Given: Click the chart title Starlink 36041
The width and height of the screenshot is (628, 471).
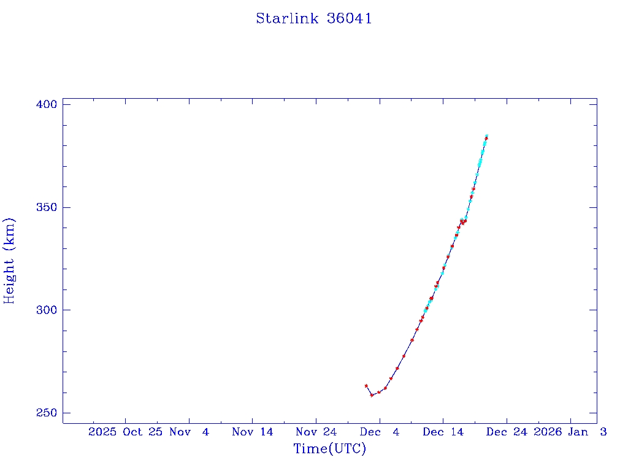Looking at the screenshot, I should pyautogui.click(x=313, y=18).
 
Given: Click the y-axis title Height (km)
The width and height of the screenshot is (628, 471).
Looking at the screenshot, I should pyautogui.click(x=9, y=261).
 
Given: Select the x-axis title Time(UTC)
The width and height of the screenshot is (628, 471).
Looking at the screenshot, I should pyautogui.click(x=329, y=449).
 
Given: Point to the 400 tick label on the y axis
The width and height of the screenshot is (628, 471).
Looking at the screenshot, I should pyautogui.click(x=46, y=104).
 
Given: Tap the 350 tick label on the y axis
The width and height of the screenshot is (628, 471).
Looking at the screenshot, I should pyautogui.click(x=46, y=207).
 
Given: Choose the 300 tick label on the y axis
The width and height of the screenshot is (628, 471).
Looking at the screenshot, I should pyautogui.click(x=46, y=310).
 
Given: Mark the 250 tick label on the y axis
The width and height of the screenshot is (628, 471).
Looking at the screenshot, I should pyautogui.click(x=46, y=413).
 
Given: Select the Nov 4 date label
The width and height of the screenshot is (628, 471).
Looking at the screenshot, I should pyautogui.click(x=190, y=432).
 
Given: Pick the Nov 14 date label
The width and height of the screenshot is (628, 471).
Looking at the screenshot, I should pyautogui.click(x=252, y=432).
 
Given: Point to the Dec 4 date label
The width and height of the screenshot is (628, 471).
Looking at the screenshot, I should pyautogui.click(x=380, y=432).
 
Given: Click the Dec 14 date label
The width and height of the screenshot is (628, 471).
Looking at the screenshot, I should pyautogui.click(x=443, y=432).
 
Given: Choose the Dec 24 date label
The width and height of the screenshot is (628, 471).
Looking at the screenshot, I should pyautogui.click(x=506, y=432).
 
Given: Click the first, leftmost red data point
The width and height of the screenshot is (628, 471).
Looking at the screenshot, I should pyautogui.click(x=366, y=386).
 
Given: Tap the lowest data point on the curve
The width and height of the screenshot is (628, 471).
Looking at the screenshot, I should pyautogui.click(x=372, y=395).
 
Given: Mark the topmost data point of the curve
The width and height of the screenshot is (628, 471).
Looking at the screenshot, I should pyautogui.click(x=486, y=136).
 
